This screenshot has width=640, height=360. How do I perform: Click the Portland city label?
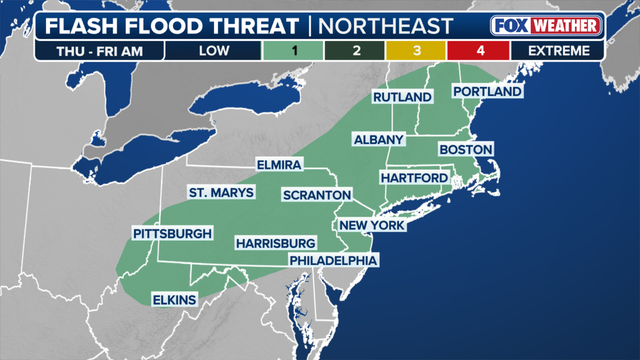(x=487, y=91)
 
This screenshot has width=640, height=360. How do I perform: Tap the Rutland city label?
(x=402, y=97)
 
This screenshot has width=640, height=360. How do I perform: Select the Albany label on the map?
(x=378, y=140)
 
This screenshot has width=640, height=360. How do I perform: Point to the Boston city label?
(x=465, y=149)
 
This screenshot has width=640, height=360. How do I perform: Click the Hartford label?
(x=414, y=178)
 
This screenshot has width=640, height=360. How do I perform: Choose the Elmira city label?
(x=279, y=165)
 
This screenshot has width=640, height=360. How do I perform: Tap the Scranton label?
(x=317, y=195)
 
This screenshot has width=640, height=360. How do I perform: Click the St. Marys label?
(x=221, y=192)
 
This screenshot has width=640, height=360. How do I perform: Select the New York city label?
(x=371, y=225)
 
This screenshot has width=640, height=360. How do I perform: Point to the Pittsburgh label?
(x=172, y=233)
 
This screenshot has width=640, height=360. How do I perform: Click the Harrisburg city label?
(x=276, y=243)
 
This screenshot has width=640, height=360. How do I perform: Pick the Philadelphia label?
(x=333, y=260)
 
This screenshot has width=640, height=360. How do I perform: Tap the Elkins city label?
(x=174, y=300)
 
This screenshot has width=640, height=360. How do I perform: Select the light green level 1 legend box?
(x=292, y=50)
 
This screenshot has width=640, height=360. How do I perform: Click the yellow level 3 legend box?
(x=416, y=50)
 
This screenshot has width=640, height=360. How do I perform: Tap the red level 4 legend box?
(x=478, y=50)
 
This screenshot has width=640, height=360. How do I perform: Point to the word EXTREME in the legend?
(x=558, y=50)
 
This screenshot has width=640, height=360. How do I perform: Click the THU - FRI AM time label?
(x=99, y=50)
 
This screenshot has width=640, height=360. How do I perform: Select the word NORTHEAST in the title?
(x=385, y=26)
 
